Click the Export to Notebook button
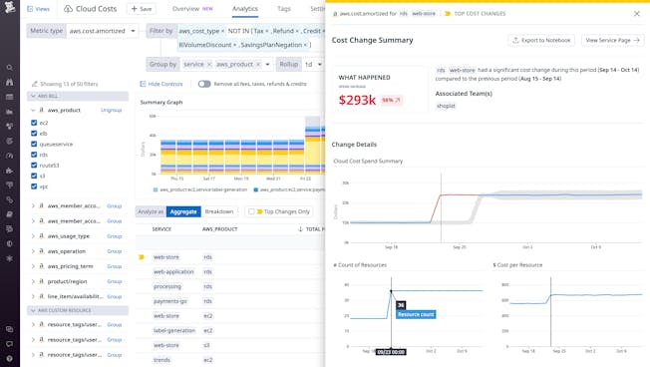click(x=542, y=40)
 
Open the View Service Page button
click(x=613, y=40)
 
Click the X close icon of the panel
click(x=637, y=14)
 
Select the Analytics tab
click(x=245, y=9)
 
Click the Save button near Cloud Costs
click(x=142, y=9)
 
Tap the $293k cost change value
click(x=357, y=100)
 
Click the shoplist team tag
click(x=446, y=106)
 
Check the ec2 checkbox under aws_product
click(x=35, y=123)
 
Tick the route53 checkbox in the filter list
click(x=35, y=166)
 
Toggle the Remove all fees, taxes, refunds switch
click(x=204, y=84)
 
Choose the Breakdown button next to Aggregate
click(x=219, y=211)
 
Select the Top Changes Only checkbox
click(x=253, y=211)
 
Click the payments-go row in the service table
click(x=170, y=300)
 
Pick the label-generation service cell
click(x=173, y=330)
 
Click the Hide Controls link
click(x=164, y=84)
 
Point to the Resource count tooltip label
click(x=416, y=314)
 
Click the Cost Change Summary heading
click(x=372, y=40)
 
